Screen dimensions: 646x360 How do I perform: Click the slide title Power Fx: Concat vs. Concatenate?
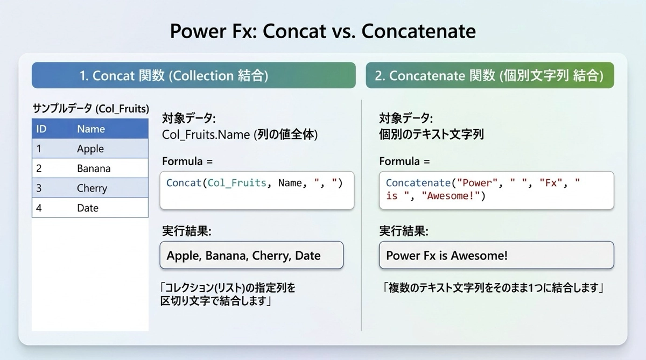[322, 31]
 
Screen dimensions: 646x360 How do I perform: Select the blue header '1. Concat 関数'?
[193, 75]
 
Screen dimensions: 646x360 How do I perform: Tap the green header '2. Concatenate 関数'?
[490, 75]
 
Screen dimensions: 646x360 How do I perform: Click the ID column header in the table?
[41, 129]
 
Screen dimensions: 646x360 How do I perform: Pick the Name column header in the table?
[91, 129]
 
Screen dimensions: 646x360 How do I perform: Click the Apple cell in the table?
[90, 149]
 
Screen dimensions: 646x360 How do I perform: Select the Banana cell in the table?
[94, 168]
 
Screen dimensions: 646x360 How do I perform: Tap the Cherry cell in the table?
[92, 188]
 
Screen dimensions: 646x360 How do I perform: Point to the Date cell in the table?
[88, 208]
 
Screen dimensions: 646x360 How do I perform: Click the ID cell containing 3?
[39, 188]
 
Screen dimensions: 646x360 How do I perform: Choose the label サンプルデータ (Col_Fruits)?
[90, 108]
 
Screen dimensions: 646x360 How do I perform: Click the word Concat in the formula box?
[184, 183]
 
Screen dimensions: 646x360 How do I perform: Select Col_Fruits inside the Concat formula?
[237, 183]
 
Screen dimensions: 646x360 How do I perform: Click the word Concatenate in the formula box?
[418, 183]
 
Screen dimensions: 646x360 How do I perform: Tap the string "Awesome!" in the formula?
[451, 196]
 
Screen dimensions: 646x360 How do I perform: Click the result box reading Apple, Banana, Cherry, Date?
[251, 255]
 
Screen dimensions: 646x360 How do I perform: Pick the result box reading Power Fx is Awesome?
[496, 255]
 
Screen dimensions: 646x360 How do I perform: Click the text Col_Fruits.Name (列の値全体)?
[240, 135]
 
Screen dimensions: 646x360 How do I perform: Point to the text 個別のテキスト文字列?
[431, 135]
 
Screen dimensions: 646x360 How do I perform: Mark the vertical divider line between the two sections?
[361, 215]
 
